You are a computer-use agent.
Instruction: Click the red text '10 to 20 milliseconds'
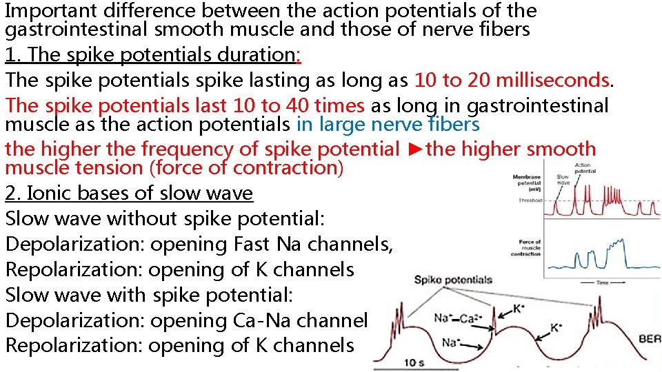[512, 80]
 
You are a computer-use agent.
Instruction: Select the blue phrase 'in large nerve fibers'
[388, 124]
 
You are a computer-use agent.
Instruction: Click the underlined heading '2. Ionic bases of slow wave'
[129, 194]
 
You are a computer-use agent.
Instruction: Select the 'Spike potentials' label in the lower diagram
[453, 280]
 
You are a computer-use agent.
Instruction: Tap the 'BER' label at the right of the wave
[650, 340]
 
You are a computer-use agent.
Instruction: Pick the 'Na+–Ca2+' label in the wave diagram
[454, 318]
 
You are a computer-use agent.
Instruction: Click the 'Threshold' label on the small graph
[530, 200]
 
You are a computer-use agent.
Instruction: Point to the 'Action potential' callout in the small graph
[583, 168]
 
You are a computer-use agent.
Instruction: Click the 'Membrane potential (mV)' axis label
[526, 183]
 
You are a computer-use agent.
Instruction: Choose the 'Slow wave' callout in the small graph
[563, 180]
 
